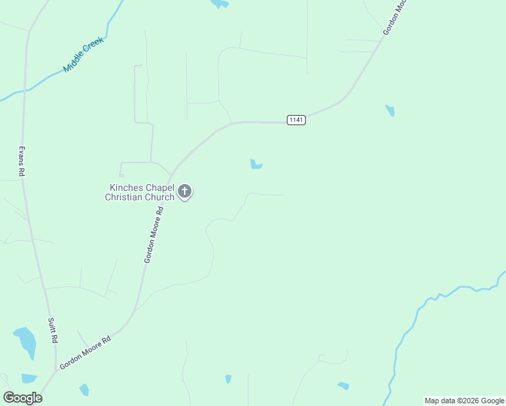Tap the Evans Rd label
pyautogui.click(x=22, y=161)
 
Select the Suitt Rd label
pyautogui.click(x=52, y=330)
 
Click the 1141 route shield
pyautogui.click(x=296, y=120)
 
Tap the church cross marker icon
pyautogui.click(x=185, y=191)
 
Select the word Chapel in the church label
pyautogui.click(x=159, y=187)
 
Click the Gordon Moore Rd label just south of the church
pyautogui.click(x=154, y=234)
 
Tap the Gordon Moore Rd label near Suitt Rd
pyautogui.click(x=85, y=353)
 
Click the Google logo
pyautogui.click(x=22, y=397)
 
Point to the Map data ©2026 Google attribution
pyautogui.click(x=463, y=401)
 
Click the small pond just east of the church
pyautogui.click(x=256, y=164)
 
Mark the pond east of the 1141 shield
pyautogui.click(x=390, y=110)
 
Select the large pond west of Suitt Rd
pyautogui.click(x=26, y=340)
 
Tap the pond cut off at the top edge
pyautogui.click(x=219, y=3)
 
